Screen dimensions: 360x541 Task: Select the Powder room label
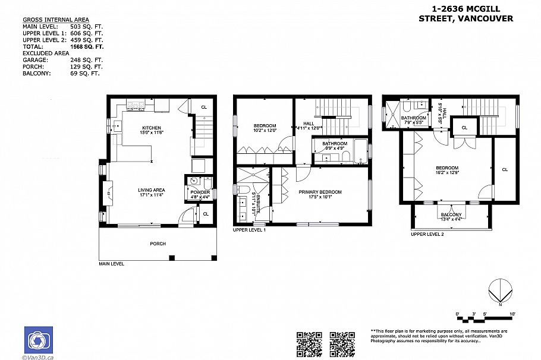(x=196, y=192)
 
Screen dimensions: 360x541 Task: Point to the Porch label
(x=158, y=244)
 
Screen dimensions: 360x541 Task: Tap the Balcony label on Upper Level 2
(x=451, y=215)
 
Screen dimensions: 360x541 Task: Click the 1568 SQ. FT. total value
(x=87, y=46)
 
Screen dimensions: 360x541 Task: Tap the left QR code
(x=309, y=344)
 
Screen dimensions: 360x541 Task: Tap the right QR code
(x=342, y=344)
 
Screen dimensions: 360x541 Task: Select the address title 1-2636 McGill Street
(x=465, y=14)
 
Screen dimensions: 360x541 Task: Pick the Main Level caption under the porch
(x=111, y=264)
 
